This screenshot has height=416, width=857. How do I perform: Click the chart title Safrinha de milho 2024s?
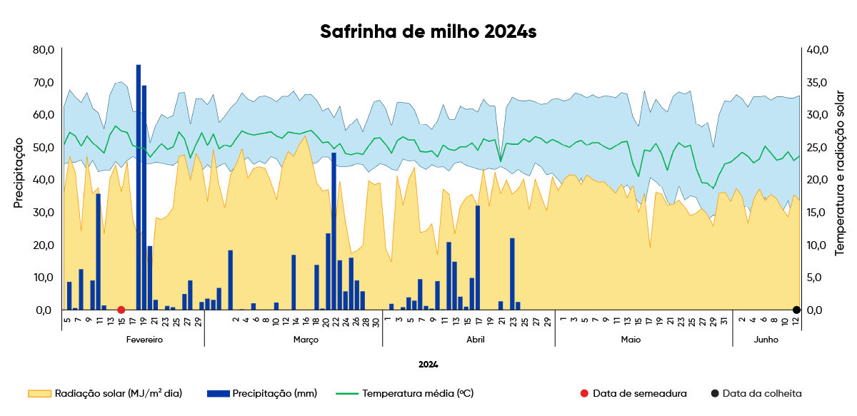[428, 31]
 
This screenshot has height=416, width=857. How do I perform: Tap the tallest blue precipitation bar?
[139, 187]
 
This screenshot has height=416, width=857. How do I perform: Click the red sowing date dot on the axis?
[121, 310]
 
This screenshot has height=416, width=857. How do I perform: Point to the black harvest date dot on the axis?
[796, 310]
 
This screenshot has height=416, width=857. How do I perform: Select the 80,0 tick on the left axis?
[44, 50]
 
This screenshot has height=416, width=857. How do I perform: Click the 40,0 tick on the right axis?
[818, 50]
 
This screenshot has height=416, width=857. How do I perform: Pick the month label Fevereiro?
[144, 340]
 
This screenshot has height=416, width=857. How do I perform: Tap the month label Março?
[306, 340]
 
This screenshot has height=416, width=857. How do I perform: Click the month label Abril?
[476, 340]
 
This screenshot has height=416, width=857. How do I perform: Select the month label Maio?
[631, 340]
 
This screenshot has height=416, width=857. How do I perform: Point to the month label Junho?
[766, 340]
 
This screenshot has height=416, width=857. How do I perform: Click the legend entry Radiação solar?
[105, 393]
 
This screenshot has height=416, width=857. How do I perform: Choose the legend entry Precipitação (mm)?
[262, 393]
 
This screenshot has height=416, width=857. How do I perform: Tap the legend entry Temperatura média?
[405, 393]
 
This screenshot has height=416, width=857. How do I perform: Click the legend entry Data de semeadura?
[633, 393]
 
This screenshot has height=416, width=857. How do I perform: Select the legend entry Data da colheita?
[756, 393]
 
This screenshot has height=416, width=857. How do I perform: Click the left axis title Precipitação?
[19, 173]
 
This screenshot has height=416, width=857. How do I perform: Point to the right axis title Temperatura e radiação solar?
[839, 173]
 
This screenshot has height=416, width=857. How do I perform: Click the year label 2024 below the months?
[428, 365]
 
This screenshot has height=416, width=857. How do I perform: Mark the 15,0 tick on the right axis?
[817, 212]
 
